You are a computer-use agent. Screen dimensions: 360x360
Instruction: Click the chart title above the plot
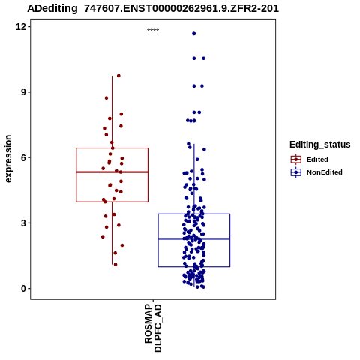(153, 8)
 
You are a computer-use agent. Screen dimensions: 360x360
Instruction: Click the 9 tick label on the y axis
(23, 92)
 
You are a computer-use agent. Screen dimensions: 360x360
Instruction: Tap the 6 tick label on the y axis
(23, 157)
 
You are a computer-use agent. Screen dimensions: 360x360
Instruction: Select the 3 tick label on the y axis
(23, 223)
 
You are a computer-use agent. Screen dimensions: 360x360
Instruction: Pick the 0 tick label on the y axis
(23, 289)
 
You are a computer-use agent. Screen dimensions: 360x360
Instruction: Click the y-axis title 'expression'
(8, 159)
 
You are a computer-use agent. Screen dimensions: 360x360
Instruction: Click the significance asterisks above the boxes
(153, 31)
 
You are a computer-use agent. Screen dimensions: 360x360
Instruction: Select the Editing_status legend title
(320, 145)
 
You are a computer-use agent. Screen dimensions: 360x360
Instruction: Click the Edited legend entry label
(317, 160)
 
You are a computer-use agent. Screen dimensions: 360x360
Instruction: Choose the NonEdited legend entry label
(325, 172)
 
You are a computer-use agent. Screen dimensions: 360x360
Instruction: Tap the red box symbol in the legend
(296, 159)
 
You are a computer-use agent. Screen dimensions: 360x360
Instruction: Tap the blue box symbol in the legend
(296, 172)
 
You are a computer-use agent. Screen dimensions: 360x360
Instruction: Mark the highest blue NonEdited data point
(194, 34)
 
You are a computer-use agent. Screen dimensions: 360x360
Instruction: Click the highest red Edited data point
(118, 76)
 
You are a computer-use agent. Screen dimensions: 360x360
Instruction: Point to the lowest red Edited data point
(115, 265)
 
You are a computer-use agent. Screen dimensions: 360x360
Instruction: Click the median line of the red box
(112, 172)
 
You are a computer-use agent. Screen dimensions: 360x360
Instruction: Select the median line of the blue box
(194, 239)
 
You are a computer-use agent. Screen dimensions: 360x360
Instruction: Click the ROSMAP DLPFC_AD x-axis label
(153, 328)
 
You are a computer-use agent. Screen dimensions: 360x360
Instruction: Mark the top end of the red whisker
(112, 76)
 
